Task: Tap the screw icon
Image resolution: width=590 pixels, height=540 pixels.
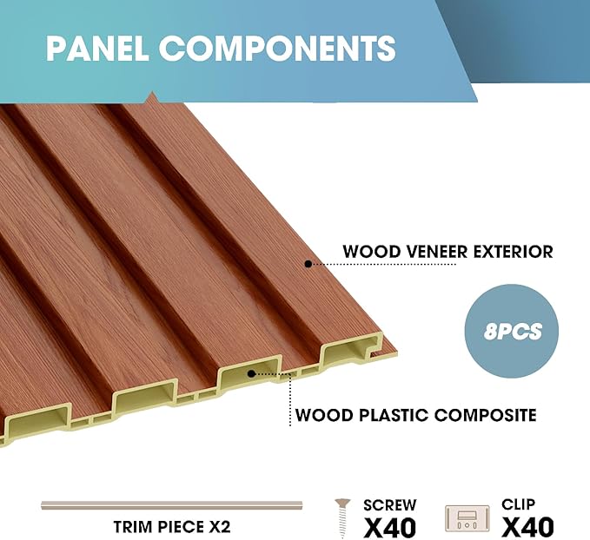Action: tap(344, 518)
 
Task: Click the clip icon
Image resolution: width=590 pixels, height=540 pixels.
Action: tap(467, 519)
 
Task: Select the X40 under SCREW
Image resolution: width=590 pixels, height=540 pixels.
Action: tap(389, 526)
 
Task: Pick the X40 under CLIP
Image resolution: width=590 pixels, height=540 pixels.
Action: tap(527, 526)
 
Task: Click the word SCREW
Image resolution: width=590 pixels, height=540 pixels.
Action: tap(389, 504)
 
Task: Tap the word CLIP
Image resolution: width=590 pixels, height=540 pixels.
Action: tap(519, 504)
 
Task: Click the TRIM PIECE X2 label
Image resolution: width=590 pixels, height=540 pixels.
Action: tap(172, 527)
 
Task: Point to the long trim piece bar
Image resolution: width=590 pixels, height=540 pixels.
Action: tap(172, 505)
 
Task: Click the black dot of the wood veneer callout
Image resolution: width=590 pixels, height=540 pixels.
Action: tap(307, 262)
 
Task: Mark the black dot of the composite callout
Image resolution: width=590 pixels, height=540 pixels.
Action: tap(251, 373)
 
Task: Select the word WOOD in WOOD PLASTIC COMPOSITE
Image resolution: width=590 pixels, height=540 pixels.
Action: tap(321, 415)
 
